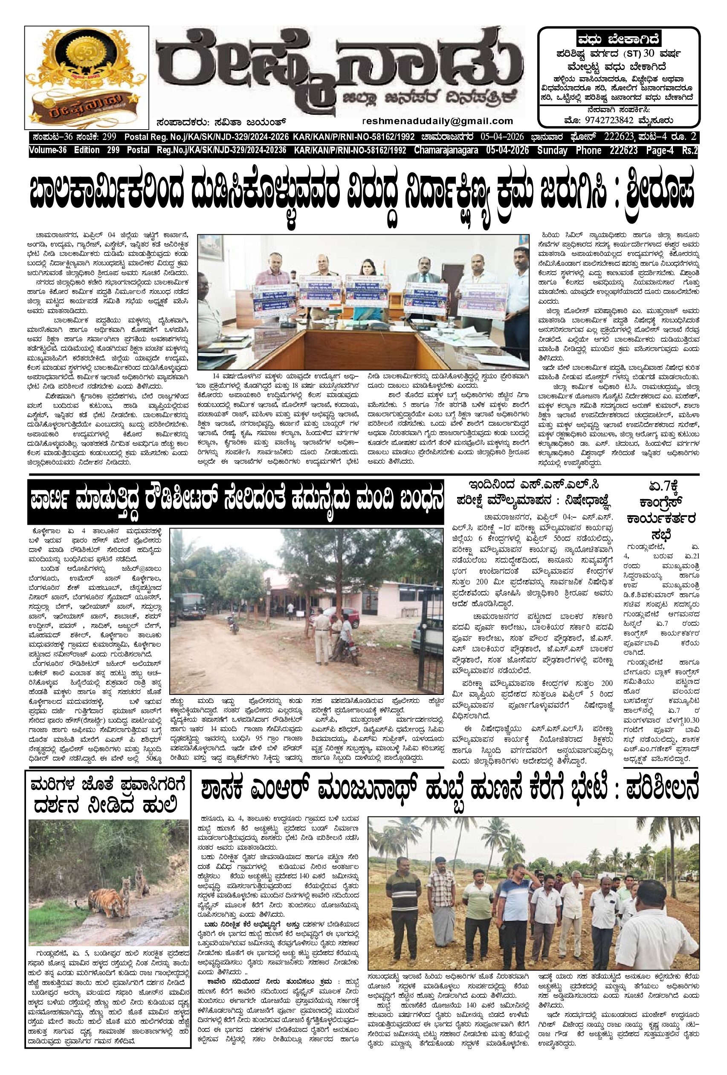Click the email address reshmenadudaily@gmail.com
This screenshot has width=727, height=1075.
[438, 121]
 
